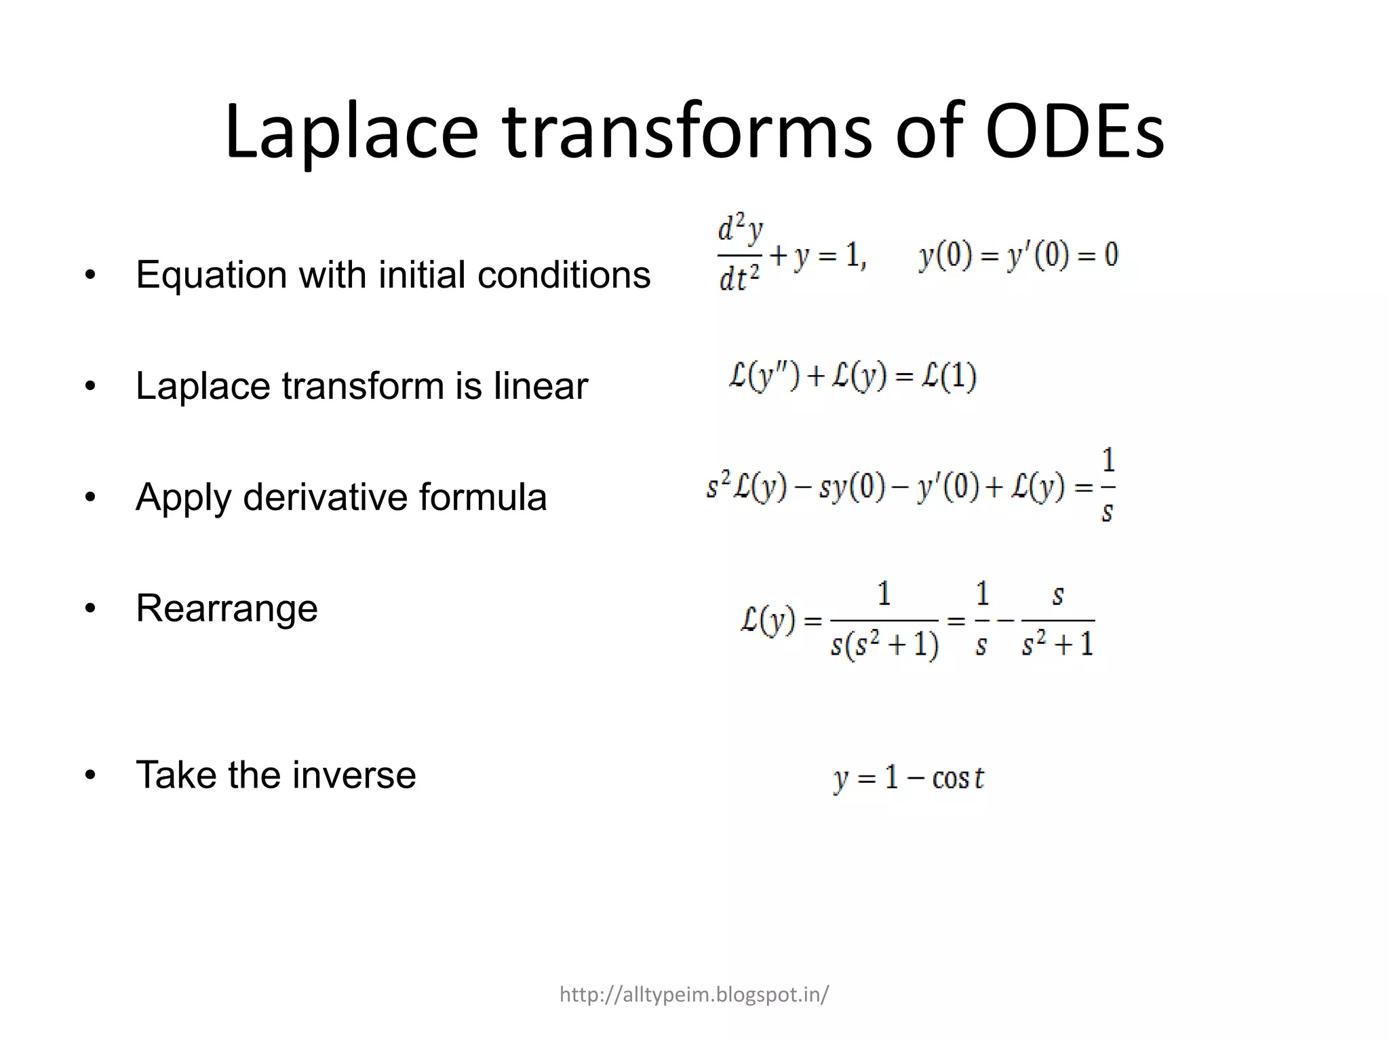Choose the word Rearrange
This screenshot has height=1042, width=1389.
pyautogui.click(x=227, y=609)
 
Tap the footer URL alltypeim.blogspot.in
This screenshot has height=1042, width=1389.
pyautogui.click(x=694, y=995)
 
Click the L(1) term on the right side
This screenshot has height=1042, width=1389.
pyautogui.click(x=949, y=377)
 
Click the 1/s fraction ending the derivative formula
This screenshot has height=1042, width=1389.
pyautogui.click(x=1107, y=486)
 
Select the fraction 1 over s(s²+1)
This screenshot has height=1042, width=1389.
pyautogui.click(x=884, y=620)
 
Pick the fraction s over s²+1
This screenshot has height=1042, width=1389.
pyautogui.click(x=1057, y=620)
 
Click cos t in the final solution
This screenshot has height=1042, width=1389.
pyautogui.click(x=958, y=777)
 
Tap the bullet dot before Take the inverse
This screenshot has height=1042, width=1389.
pyautogui.click(x=90, y=775)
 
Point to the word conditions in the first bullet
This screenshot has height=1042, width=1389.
pyautogui.click(x=564, y=275)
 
